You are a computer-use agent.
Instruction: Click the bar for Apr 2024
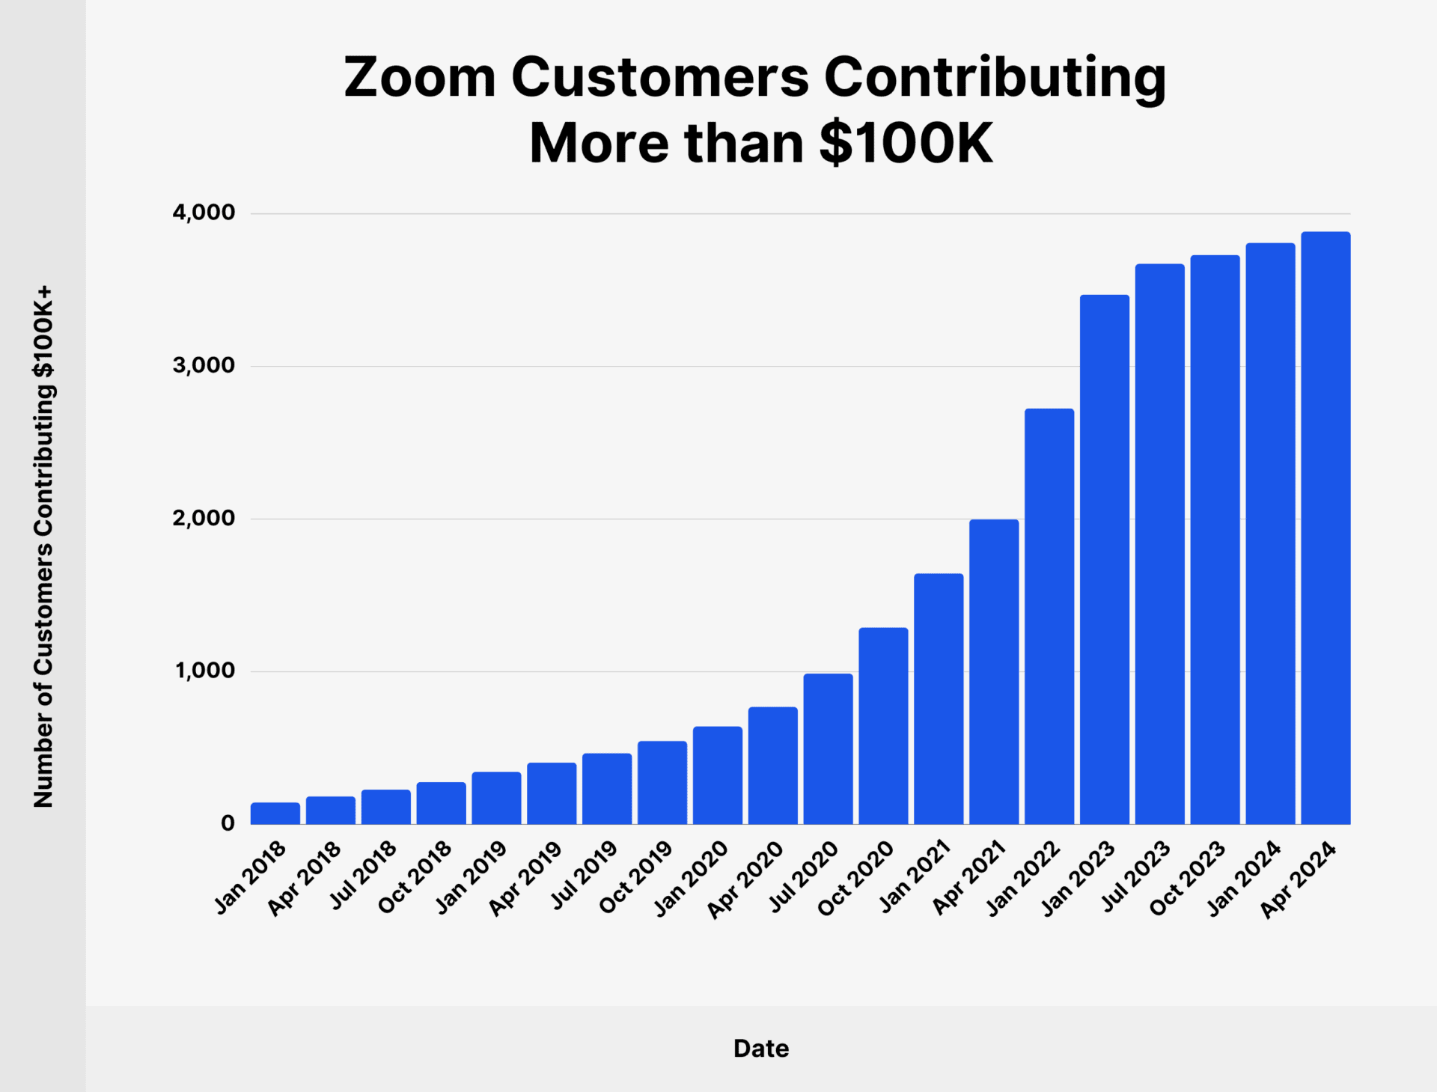[1325, 528]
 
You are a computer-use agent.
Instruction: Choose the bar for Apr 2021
[994, 671]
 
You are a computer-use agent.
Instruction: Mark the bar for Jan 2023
[1105, 559]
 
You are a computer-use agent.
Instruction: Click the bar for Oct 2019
[662, 782]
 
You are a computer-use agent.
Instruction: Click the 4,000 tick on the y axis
[204, 213]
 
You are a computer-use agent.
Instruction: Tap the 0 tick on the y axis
[228, 823]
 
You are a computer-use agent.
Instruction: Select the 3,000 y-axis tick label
[204, 366]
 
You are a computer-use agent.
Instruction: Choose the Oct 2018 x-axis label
[416, 877]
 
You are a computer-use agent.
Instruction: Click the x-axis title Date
[760, 1049]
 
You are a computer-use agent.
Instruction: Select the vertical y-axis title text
[43, 546]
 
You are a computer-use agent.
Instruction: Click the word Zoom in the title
[420, 77]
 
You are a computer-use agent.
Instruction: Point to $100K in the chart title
[906, 143]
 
